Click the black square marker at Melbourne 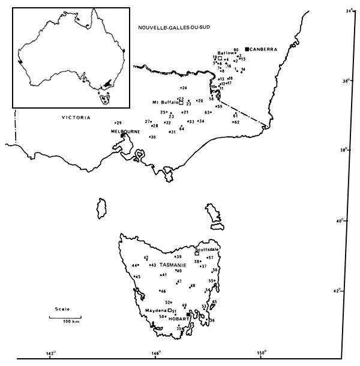click(x=122, y=136)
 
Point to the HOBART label click(x=176, y=319)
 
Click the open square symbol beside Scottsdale click(x=197, y=253)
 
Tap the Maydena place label click(x=155, y=311)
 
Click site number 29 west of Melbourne click(x=119, y=122)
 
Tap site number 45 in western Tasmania click(x=137, y=277)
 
